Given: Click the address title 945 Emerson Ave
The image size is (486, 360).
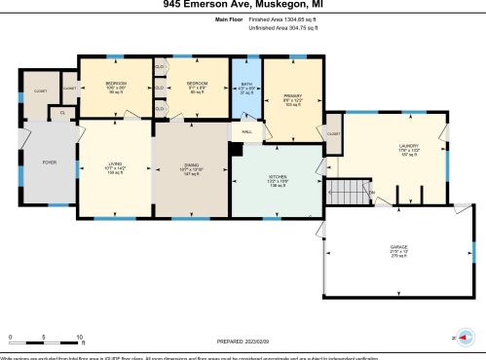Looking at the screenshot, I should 243,5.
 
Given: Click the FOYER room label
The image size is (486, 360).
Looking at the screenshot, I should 46,163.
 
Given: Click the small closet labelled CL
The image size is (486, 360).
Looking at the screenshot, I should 62,112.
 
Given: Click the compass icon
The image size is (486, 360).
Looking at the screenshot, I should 467,336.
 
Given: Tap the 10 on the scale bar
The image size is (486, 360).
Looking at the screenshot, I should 80,336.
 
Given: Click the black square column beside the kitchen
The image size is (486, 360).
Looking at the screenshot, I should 235,148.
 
